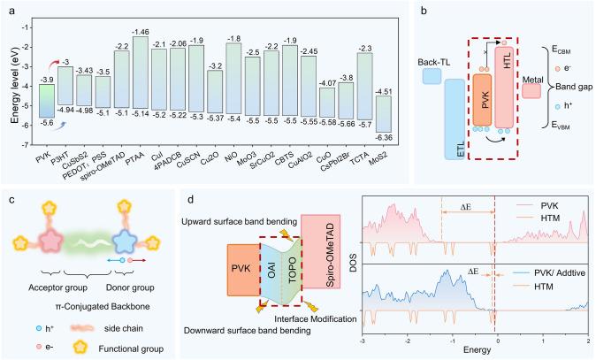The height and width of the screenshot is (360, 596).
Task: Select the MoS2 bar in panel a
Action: click(359, 111)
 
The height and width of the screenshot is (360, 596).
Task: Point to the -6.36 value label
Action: click(360, 135)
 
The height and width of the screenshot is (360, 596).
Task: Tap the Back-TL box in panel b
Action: click(432, 76)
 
